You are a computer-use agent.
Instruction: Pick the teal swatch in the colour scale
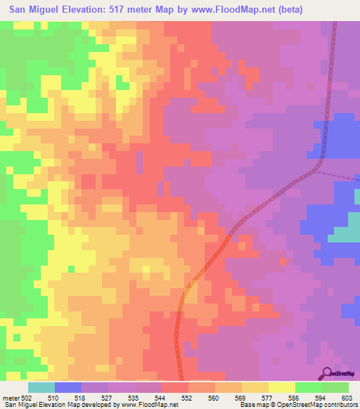(41, 387)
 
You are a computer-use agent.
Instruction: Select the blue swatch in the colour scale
(68, 387)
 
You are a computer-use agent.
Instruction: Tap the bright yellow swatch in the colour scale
(282, 387)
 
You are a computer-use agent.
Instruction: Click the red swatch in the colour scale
(175, 387)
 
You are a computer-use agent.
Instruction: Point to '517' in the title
(138, 8)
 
